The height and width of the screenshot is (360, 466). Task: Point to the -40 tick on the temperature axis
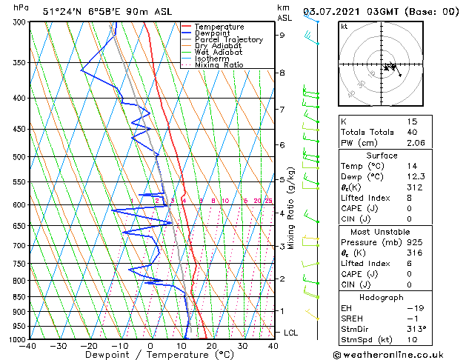[x=29, y=346]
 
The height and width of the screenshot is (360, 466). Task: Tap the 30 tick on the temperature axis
[x=242, y=346]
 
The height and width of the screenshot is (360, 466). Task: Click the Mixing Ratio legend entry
[x=219, y=65]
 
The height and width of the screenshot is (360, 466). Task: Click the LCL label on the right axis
[x=290, y=333]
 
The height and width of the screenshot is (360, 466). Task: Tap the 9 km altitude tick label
[x=282, y=35]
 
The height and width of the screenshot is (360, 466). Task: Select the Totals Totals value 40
[x=412, y=133]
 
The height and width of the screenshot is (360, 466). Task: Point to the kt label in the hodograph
[x=344, y=26]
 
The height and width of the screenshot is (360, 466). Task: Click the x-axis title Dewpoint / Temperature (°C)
[x=150, y=356]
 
